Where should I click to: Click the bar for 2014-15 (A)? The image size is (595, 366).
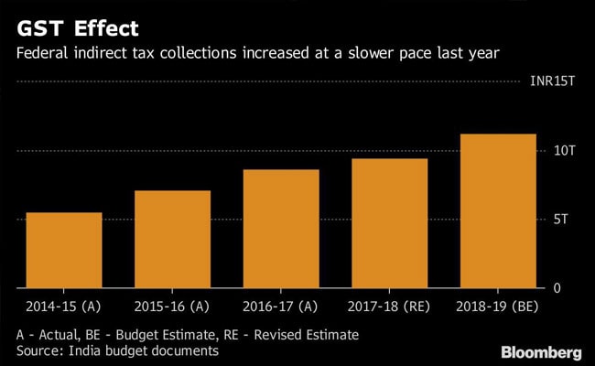63,251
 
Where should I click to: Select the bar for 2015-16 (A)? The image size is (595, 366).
172,240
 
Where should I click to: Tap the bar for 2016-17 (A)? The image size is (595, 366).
281,229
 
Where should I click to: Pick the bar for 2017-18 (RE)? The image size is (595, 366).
390,224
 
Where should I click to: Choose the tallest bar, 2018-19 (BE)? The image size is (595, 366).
499,211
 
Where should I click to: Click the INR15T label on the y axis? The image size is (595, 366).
552,81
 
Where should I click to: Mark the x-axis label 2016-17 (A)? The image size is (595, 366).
280,307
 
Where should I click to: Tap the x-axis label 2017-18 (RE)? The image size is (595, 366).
389,307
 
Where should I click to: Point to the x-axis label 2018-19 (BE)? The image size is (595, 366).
499,307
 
